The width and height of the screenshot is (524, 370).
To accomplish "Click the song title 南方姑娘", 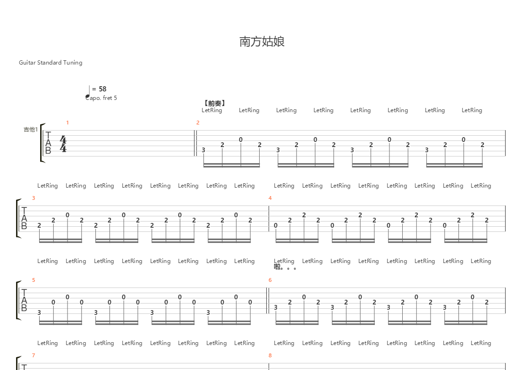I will click(262, 42).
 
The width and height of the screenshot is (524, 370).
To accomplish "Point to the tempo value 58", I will click(102, 89).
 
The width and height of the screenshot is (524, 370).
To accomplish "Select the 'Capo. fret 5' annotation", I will click(101, 98).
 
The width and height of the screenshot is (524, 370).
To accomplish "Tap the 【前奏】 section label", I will click(214, 103).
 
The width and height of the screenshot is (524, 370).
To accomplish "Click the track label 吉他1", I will click(30, 129).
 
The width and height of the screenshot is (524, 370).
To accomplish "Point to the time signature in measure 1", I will click(63, 144).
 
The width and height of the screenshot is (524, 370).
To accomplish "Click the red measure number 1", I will click(68, 123).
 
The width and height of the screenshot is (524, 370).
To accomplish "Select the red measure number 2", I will click(198, 123).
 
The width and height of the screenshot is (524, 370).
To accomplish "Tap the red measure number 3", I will click(34, 198).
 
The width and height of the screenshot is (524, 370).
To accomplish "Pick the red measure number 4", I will click(270, 198).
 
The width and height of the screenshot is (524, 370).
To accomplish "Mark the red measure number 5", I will click(34, 280).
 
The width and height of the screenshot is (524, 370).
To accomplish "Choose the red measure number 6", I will click(270, 280).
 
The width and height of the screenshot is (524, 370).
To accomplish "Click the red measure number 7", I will click(34, 355).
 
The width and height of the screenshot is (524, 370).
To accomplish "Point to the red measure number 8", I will click(270, 355).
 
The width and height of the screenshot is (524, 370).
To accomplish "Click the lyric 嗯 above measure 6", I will click(278, 267).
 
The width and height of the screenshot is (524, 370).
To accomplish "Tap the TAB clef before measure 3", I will click(24, 219).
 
